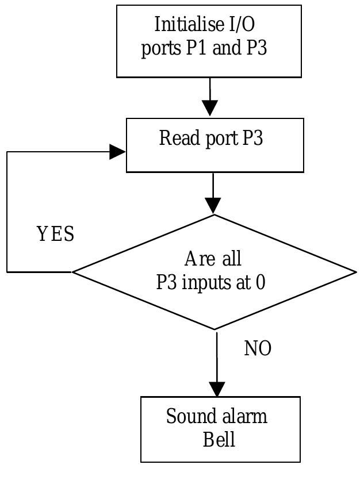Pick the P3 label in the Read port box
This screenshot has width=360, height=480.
click(x=252, y=139)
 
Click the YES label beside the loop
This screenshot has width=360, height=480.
click(x=55, y=235)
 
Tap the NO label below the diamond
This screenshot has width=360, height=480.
click(x=258, y=348)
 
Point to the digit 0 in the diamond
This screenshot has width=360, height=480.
click(x=261, y=282)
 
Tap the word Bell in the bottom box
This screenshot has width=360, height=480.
click(x=219, y=439)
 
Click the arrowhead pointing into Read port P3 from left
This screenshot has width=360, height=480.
click(x=118, y=152)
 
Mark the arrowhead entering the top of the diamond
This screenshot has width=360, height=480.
click(x=213, y=206)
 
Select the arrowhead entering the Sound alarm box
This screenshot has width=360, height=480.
click(x=217, y=389)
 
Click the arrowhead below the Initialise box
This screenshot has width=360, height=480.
click(x=210, y=107)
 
